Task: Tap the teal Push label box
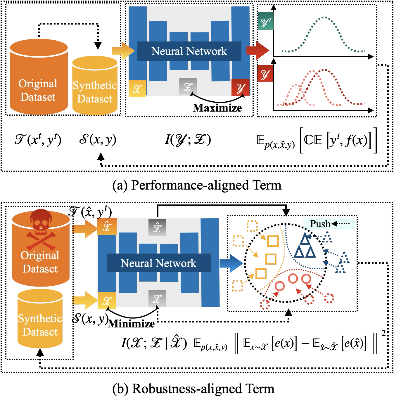[329, 224]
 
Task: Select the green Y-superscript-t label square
[265, 22]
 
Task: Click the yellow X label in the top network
[137, 89]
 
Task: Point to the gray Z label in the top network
[188, 86]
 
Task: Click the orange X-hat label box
[107, 226]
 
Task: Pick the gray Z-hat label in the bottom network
[157, 227]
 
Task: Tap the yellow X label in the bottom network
[107, 300]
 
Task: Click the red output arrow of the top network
[258, 50]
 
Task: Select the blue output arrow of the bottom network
[231, 263]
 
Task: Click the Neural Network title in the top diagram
[189, 51]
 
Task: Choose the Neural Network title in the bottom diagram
[158, 263]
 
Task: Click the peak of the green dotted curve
[324, 17]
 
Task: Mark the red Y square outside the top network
[265, 73]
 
